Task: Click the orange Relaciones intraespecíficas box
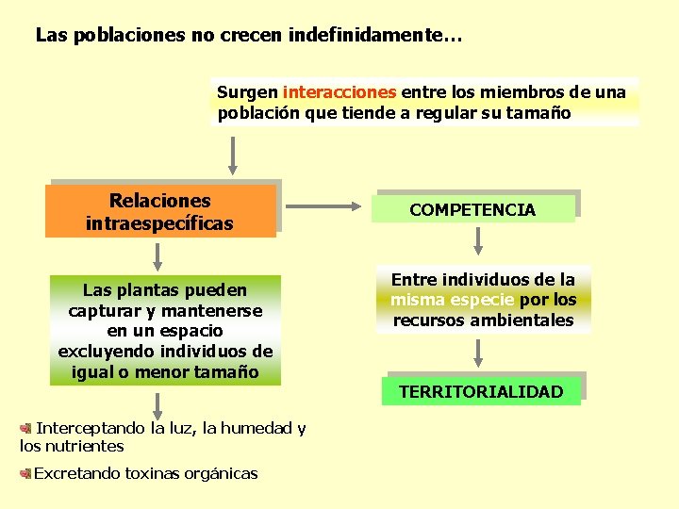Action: click(160, 211)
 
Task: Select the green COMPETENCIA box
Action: click(472, 209)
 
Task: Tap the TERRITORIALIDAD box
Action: click(481, 391)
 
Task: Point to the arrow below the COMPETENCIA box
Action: click(478, 243)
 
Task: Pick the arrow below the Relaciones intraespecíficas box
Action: click(157, 255)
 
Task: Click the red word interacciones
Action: click(339, 92)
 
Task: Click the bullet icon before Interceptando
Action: click(25, 428)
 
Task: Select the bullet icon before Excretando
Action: click(26, 473)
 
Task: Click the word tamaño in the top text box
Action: click(544, 113)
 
